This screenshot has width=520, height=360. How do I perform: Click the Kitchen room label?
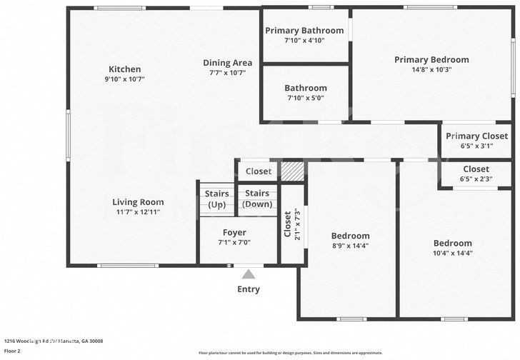(124, 69)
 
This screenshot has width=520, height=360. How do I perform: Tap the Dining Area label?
(227, 63)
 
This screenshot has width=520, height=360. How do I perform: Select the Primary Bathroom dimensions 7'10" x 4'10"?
(305, 41)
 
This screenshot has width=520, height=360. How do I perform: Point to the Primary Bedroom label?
(431, 60)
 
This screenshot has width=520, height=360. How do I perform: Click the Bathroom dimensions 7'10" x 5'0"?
(305, 98)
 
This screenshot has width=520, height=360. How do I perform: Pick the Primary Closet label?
(476, 136)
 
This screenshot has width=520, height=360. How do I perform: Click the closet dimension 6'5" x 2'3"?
(476, 179)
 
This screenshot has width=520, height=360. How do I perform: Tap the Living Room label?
(138, 202)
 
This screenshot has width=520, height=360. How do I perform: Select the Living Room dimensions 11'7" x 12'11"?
(138, 212)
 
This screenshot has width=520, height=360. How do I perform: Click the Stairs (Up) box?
(216, 199)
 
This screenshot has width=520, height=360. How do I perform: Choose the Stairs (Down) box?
(257, 199)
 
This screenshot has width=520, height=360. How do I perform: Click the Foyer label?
(234, 233)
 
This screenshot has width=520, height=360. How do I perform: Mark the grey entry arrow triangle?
(249, 274)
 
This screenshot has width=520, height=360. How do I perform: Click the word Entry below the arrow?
(249, 289)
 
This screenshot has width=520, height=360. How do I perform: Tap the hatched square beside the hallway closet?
(291, 171)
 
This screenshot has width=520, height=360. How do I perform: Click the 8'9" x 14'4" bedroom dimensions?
(350, 246)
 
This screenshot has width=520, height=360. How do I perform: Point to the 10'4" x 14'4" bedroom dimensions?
(452, 253)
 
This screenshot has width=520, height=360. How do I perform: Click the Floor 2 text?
(13, 351)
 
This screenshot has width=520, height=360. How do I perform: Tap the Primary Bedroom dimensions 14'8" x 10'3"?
(431, 70)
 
